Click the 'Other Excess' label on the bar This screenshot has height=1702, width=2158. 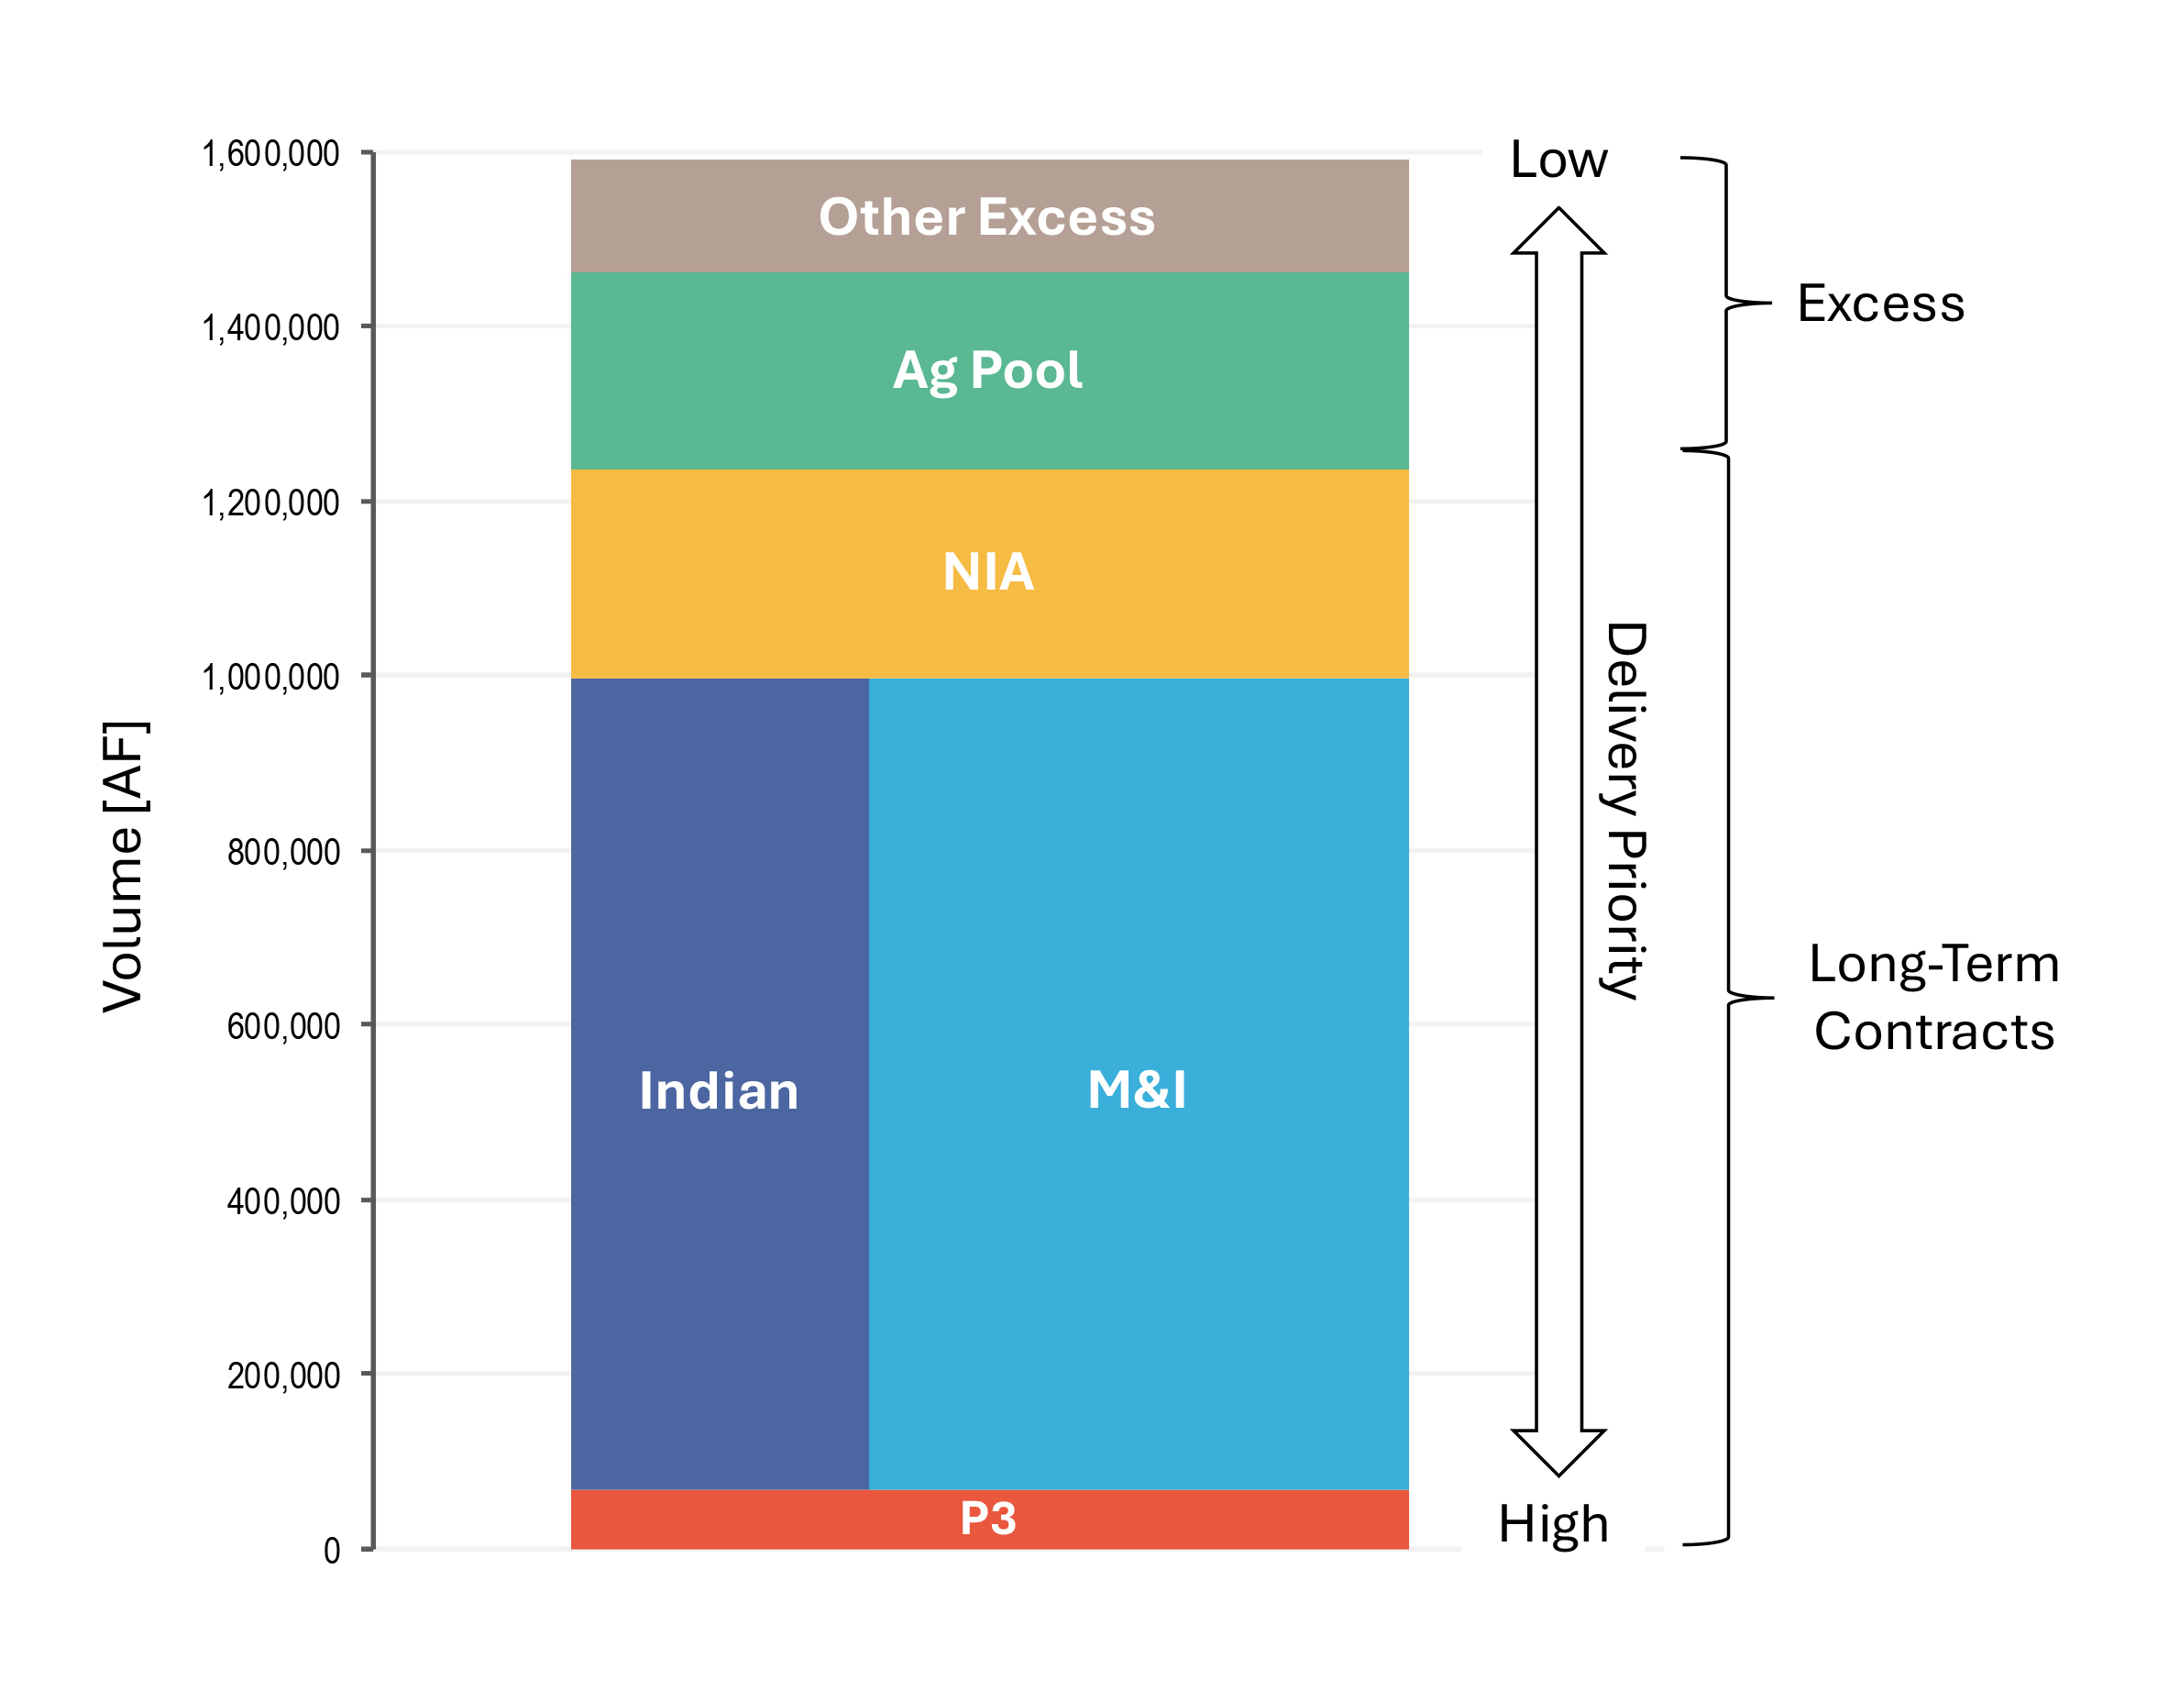click(986, 217)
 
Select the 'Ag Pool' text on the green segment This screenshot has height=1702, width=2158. click(986, 371)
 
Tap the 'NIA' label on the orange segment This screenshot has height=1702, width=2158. click(988, 572)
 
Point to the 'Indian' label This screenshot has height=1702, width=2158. click(719, 1090)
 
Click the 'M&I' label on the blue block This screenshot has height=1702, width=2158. click(1137, 1089)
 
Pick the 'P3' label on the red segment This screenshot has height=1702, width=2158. click(987, 1519)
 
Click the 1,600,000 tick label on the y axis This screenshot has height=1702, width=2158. click(271, 154)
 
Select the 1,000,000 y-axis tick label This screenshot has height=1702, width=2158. click(271, 678)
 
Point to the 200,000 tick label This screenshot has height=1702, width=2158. click(283, 1376)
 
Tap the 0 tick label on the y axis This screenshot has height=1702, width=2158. click(332, 1551)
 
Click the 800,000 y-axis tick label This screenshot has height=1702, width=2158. click(283, 853)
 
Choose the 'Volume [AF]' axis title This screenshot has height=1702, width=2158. click(125, 866)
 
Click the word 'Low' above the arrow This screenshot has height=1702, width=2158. click(1558, 160)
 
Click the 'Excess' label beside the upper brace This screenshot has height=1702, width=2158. click(1881, 303)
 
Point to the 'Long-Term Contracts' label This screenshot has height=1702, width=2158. click(1933, 998)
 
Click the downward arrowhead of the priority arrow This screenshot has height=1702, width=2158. click(1558, 1453)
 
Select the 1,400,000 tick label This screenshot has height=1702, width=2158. click(271, 328)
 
